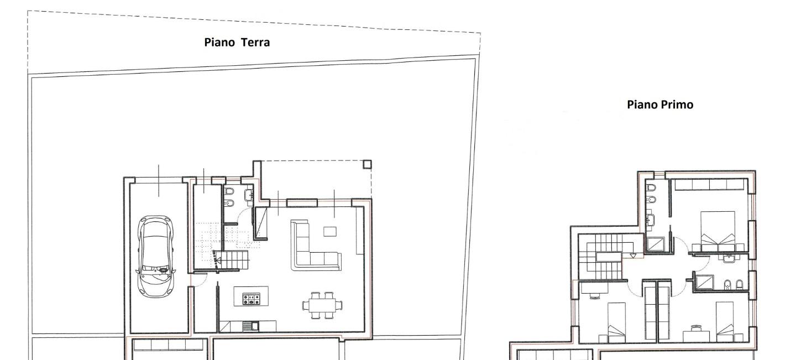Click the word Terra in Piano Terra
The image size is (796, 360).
tap(255, 42)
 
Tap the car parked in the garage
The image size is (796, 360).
tap(156, 256)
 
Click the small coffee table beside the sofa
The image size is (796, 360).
tap(330, 231)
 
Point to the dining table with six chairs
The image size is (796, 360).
tap(323, 305)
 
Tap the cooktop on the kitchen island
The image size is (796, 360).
tap(251, 299)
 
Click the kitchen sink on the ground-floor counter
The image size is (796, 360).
tap(251, 326)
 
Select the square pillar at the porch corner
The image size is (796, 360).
tap(367, 164)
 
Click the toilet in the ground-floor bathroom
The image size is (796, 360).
tap(229, 192)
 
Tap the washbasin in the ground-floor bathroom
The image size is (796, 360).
tap(249, 195)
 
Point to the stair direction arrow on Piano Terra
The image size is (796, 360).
tap(217, 261)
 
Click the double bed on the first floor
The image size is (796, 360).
tap(718, 230)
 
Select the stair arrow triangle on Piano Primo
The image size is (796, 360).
tap(633, 255)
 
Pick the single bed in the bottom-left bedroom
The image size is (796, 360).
tap(616, 323)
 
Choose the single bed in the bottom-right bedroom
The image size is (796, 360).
tap(725, 322)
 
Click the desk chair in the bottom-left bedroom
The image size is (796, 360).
tap(594, 295)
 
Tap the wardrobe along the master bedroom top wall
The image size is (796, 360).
tap(709, 185)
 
